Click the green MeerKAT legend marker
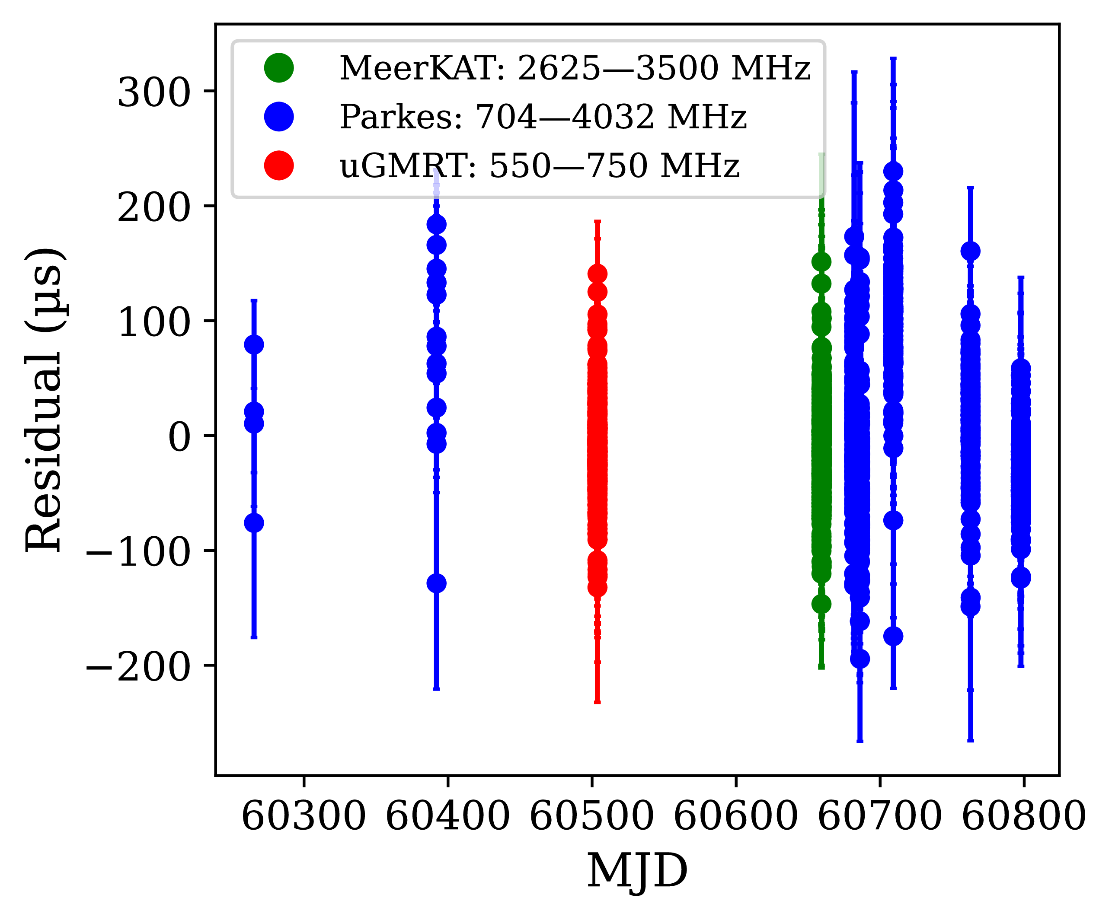(x=279, y=68)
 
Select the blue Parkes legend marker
(x=279, y=116)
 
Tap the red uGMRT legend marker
(x=279, y=165)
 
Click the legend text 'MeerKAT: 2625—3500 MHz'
(x=575, y=68)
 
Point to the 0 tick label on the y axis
(x=179, y=437)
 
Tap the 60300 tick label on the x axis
(x=304, y=816)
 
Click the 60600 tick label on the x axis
(x=735, y=816)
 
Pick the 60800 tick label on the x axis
(x=1023, y=816)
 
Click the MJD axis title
(x=637, y=871)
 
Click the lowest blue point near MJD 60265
(x=254, y=523)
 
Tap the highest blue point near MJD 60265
(x=254, y=344)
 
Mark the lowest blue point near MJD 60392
(x=436, y=583)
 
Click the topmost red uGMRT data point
(x=598, y=274)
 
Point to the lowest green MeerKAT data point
(x=821, y=604)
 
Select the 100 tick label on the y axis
(x=153, y=322)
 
